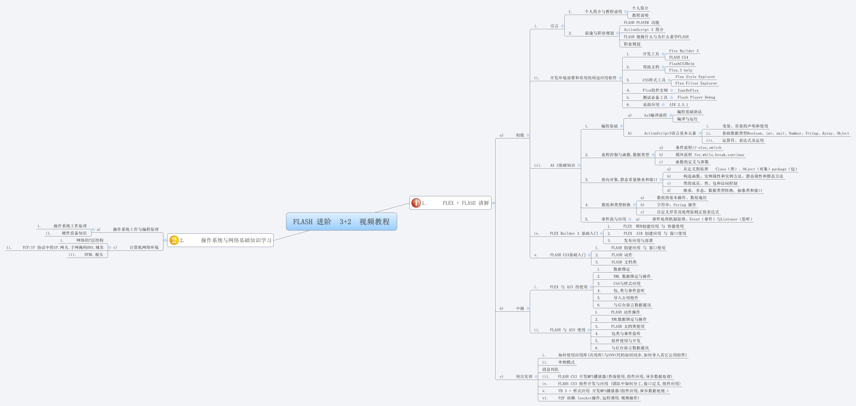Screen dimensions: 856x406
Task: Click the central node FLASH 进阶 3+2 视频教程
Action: pos(341,222)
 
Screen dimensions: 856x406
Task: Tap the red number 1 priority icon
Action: pos(416,203)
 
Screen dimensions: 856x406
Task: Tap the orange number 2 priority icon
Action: pos(174,240)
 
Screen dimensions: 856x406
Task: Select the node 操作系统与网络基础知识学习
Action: pos(236,240)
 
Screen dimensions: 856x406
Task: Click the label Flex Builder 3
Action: pos(684,51)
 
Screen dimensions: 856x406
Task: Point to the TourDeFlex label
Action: pos(688,90)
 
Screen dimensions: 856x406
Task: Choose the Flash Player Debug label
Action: pos(696,97)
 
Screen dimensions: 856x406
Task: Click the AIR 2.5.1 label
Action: pos(678,105)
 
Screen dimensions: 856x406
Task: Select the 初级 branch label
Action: pos(520,135)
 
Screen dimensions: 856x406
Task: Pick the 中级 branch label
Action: pos(520,309)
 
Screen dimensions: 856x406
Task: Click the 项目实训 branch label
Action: pos(524,377)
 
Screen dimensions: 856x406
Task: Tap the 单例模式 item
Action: pos(566,362)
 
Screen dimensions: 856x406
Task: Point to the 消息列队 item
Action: pos(550,370)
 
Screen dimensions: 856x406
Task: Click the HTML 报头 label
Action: pos(93,255)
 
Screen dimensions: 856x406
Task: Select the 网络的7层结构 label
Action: pos(90,240)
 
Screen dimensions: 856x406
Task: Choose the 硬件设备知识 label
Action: pos(74,233)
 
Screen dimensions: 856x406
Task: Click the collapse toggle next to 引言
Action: pos(562,26)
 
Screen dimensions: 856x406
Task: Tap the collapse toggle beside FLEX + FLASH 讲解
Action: pos(493,203)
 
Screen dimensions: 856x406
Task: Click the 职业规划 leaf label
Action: pos(632,44)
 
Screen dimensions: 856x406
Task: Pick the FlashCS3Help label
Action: pos(682,64)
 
